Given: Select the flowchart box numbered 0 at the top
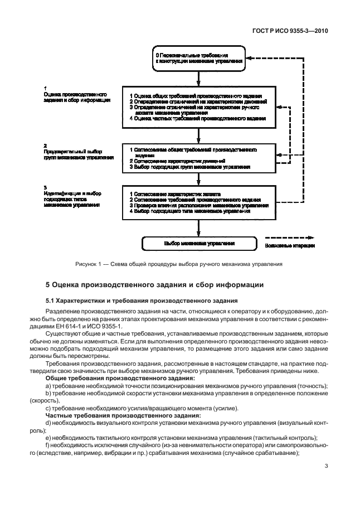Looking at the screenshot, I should click(199, 59).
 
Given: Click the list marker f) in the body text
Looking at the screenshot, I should click(48, 445).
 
